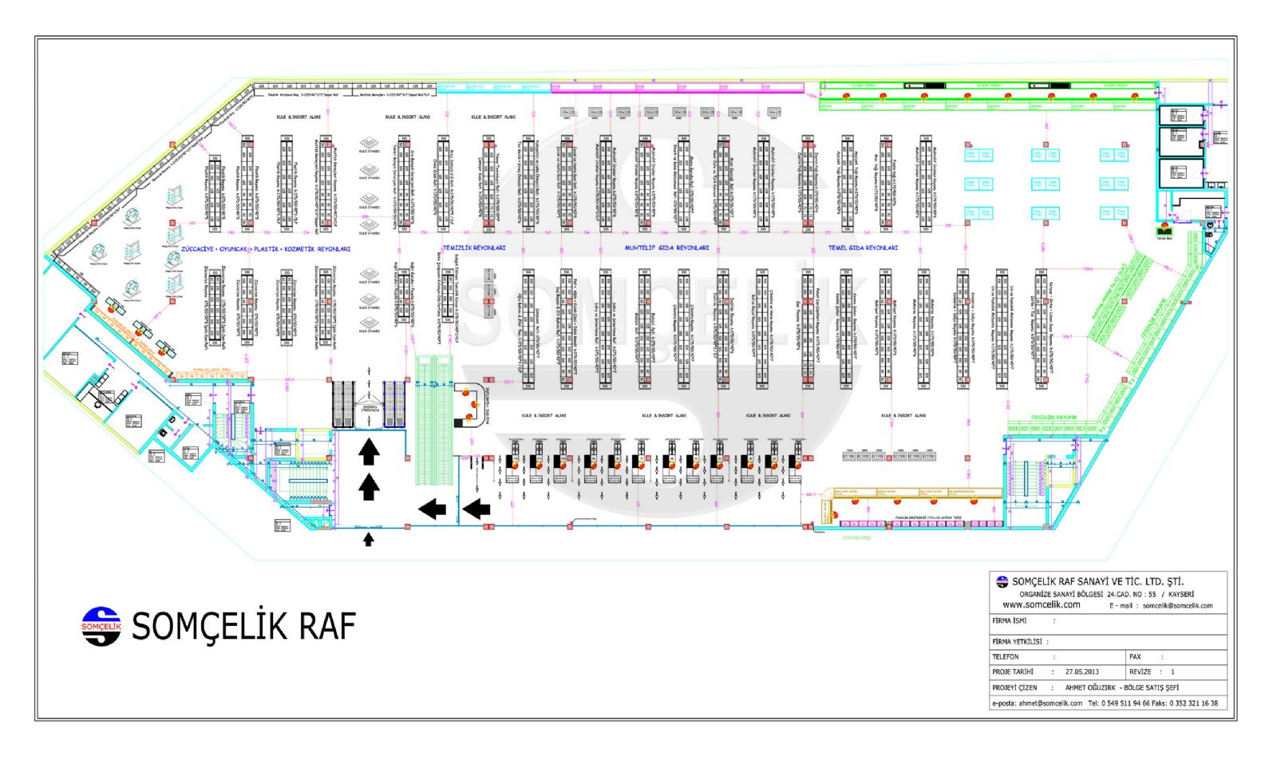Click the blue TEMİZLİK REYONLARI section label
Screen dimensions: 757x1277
(x=474, y=248)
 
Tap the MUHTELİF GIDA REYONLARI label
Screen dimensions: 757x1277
(x=666, y=248)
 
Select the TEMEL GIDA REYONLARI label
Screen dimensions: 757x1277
(x=863, y=248)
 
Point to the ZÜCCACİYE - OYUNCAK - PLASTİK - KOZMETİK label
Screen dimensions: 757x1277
(x=266, y=249)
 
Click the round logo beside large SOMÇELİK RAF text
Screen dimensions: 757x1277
(x=101, y=626)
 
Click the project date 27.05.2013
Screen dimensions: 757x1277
(x=1081, y=672)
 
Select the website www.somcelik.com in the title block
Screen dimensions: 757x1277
(x=1042, y=604)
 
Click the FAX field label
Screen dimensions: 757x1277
(x=1135, y=656)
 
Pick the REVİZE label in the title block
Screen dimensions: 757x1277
(x=1141, y=672)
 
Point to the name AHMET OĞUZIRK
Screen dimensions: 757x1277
(x=1090, y=687)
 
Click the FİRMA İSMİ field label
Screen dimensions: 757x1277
(x=1010, y=620)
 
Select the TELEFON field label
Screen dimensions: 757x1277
(x=1006, y=656)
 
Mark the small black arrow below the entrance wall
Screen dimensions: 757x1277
(x=368, y=540)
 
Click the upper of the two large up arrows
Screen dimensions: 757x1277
(x=368, y=452)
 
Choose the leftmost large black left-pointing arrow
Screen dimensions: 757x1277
(x=432, y=508)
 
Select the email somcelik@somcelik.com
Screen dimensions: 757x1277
(x=1177, y=605)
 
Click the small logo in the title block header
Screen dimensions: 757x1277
(x=1002, y=581)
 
